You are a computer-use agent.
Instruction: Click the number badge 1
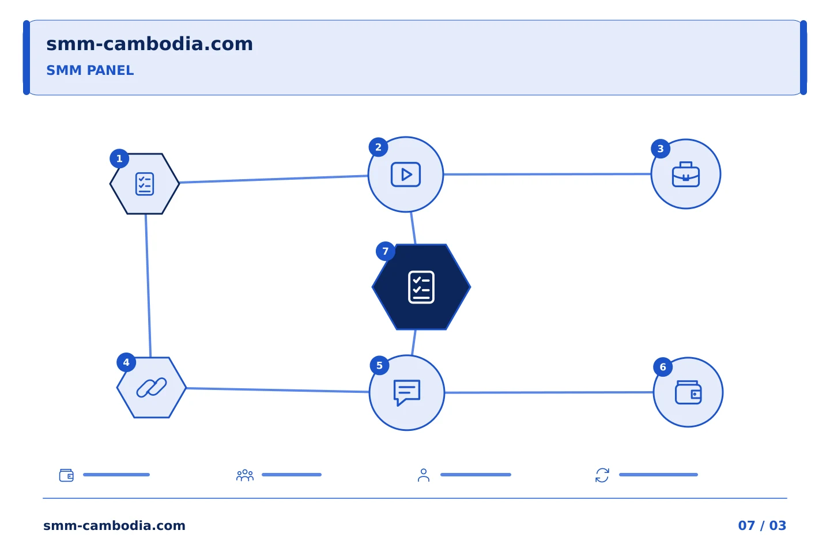pos(119,159)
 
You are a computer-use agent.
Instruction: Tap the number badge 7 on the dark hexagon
pos(386,252)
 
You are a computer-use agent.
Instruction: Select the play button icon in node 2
pos(406,175)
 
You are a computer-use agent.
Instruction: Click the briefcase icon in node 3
pos(686,174)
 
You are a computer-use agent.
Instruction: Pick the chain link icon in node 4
pos(152,388)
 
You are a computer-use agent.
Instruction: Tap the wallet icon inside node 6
pos(688,392)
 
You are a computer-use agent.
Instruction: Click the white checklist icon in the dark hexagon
pos(421,287)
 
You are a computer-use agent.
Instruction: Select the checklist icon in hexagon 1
pos(145,184)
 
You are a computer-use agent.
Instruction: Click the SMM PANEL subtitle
pos(90,70)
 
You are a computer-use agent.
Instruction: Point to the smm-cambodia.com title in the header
pos(149,44)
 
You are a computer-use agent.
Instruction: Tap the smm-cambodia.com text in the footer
pos(114,525)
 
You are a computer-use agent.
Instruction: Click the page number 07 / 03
pos(762,525)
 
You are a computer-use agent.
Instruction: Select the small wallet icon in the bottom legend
pos(67,475)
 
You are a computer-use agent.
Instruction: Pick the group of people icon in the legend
pos(245,475)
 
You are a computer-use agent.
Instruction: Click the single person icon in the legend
pos(424,475)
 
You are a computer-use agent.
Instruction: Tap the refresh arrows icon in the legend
pos(602,475)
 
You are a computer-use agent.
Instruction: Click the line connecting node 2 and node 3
pos(548,174)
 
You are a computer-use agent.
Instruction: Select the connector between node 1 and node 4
pos(148,286)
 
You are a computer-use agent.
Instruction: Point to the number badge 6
pos(663,367)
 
